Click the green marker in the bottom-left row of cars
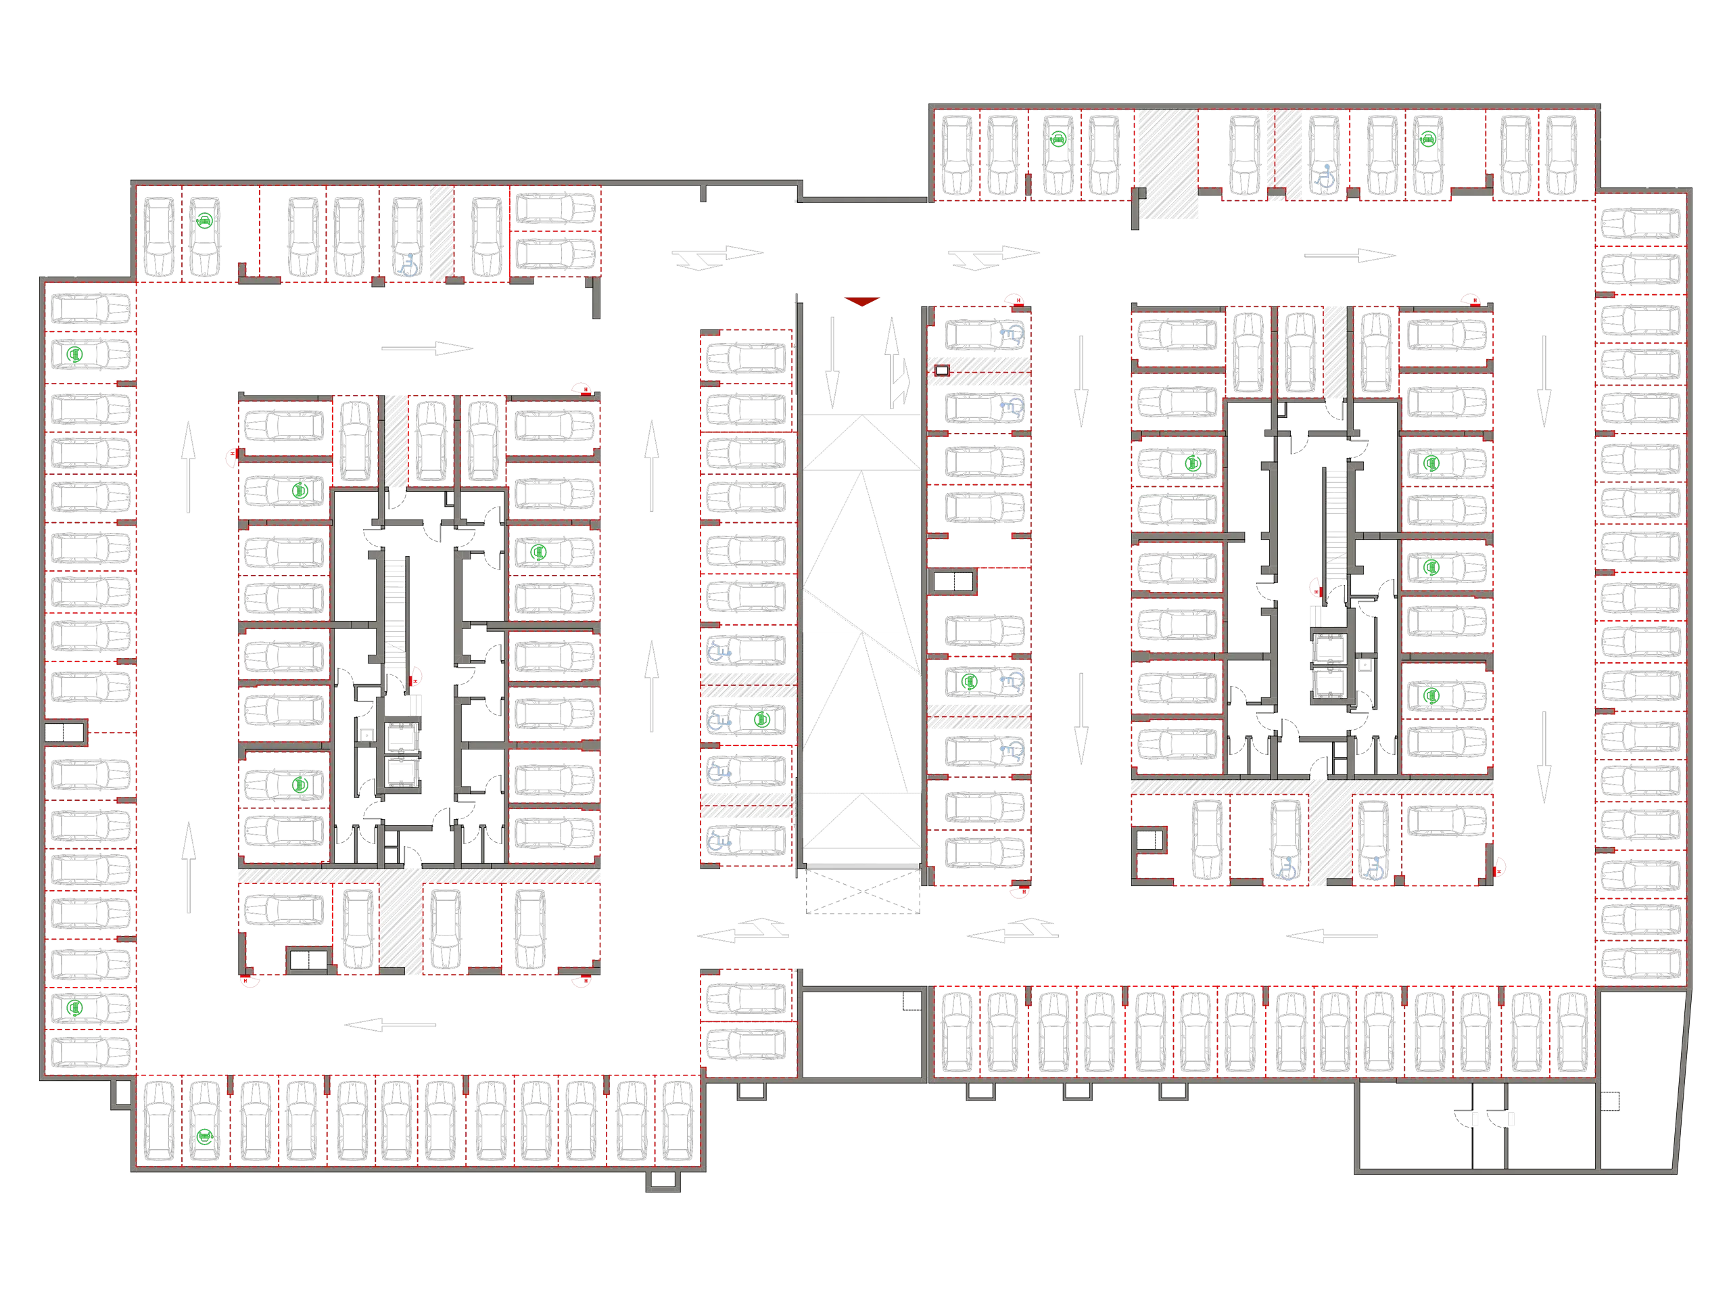[204, 1136]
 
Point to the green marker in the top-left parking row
[204, 221]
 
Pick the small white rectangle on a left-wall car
[78, 554]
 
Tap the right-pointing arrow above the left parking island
[427, 348]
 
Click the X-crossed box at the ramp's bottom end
[861, 893]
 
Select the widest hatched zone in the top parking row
[1168, 164]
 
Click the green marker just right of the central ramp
[970, 682]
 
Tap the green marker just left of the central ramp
[758, 719]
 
